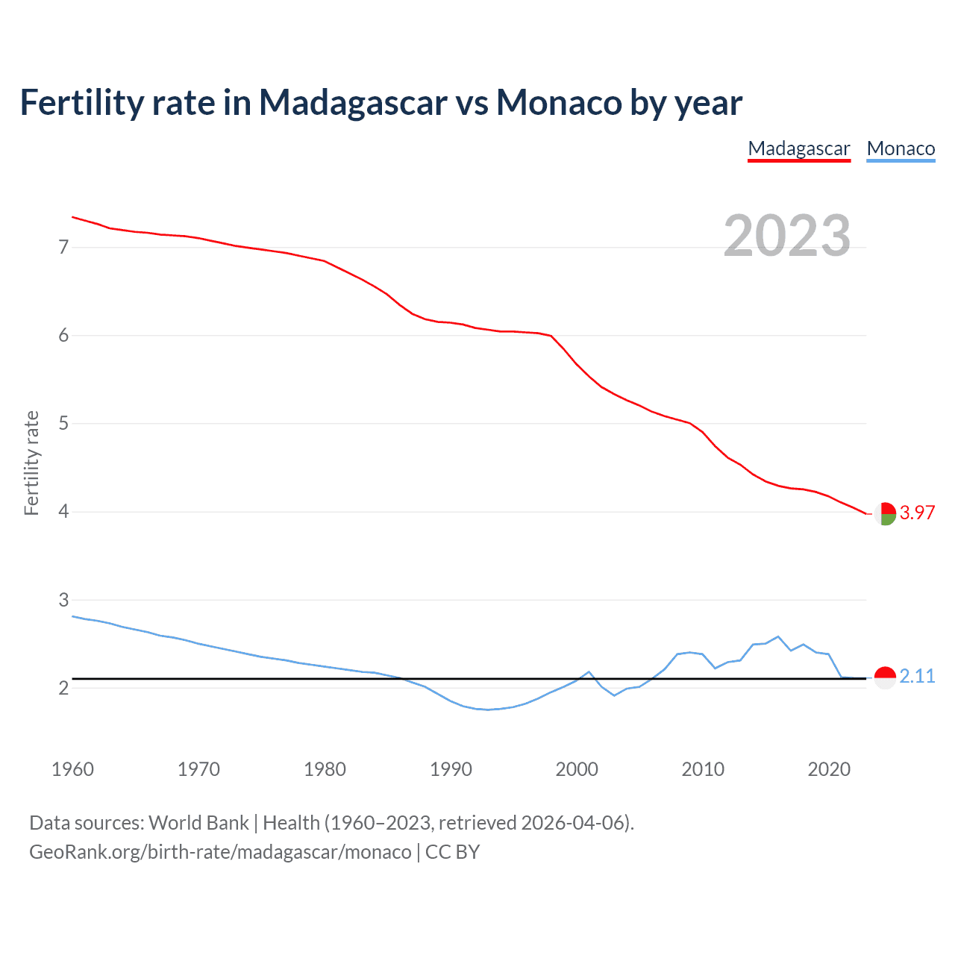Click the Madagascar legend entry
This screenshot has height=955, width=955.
point(799,148)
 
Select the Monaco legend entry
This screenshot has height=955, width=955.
point(901,148)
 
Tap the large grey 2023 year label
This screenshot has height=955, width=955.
point(787,236)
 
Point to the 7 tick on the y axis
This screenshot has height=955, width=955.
point(63,247)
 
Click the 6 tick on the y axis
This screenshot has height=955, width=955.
point(63,336)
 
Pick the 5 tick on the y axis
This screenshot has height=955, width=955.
point(63,424)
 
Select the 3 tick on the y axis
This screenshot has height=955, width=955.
point(63,600)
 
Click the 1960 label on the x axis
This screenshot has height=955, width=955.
point(72,769)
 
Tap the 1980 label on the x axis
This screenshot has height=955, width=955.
point(325,769)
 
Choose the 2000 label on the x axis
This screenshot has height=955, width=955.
point(577,769)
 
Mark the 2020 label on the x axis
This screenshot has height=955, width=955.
point(829,769)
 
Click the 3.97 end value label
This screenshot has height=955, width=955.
point(917,513)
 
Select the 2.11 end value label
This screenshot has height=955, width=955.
point(917,676)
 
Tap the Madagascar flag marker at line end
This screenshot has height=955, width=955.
point(885,513)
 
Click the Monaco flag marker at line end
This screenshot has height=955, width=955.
point(885,677)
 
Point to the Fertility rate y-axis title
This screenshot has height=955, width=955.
point(31,463)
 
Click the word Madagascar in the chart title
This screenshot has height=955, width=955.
point(352,102)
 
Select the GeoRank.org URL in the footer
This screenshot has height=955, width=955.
point(220,852)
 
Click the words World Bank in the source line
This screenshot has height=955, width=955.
point(198,823)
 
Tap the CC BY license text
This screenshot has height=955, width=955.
point(452,852)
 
